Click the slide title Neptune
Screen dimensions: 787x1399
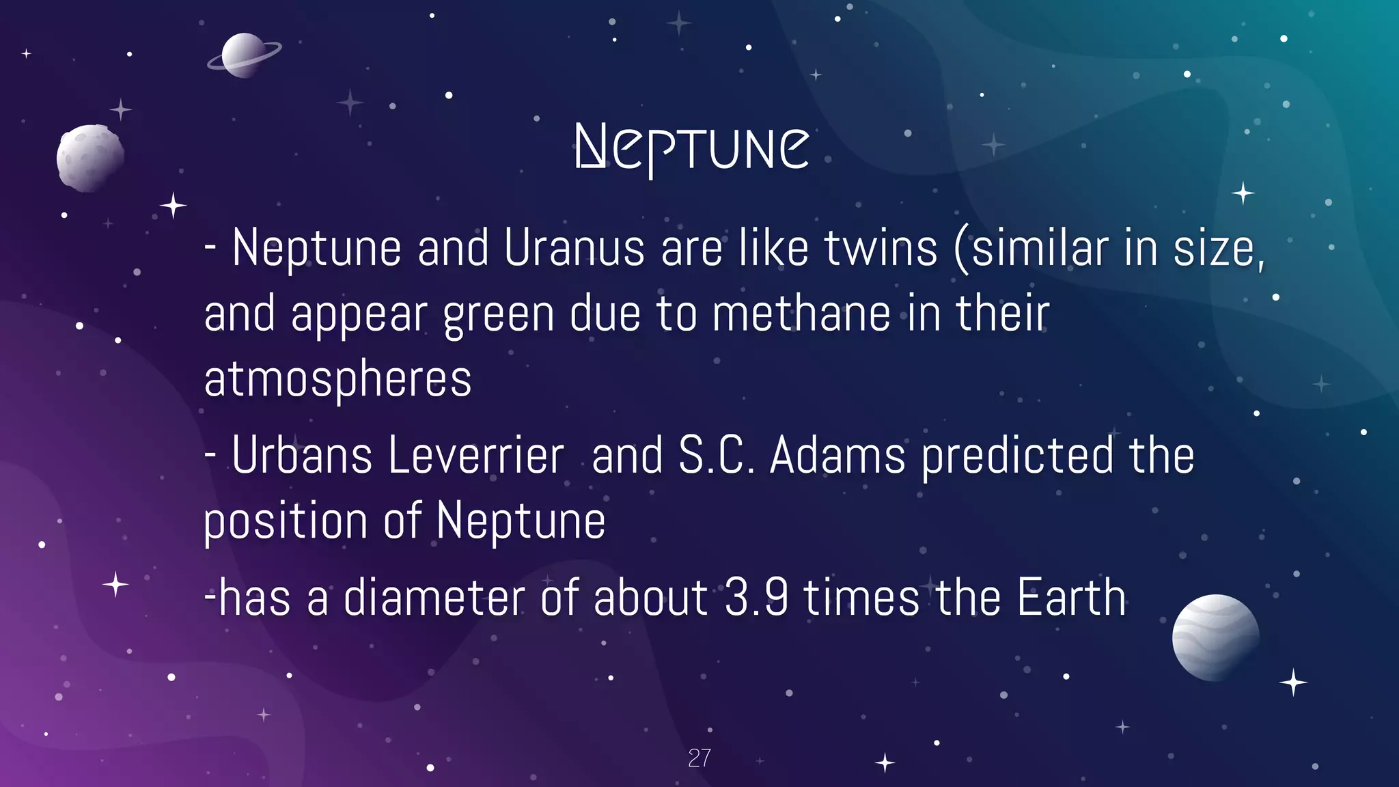click(x=692, y=148)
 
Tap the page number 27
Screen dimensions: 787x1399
click(x=699, y=758)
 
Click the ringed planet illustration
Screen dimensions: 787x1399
click(x=244, y=55)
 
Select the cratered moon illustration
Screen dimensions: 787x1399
click(x=90, y=158)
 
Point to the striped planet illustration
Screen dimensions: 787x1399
click(x=1215, y=637)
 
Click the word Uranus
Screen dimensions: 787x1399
click(x=574, y=248)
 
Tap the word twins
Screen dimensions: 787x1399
click(x=881, y=248)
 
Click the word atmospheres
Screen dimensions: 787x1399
click(x=337, y=379)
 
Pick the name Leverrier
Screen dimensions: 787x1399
click(x=476, y=456)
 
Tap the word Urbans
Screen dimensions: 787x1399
click(x=301, y=456)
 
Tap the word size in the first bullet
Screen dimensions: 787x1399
click(x=1214, y=248)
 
